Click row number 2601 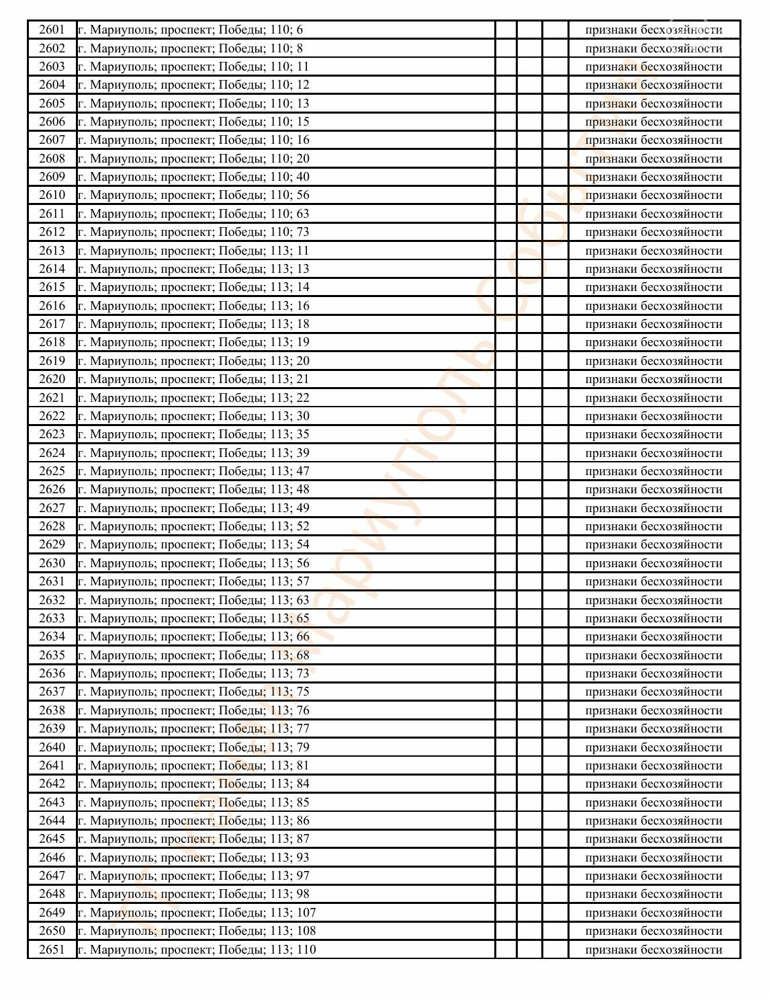pos(52,30)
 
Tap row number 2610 pos(52,195)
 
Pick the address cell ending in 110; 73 pos(193,232)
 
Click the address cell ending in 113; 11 pos(193,251)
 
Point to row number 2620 pos(52,379)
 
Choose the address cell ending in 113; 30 pos(193,416)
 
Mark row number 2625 pos(52,471)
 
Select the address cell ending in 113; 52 pos(193,526)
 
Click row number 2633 pos(52,618)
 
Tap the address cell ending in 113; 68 pos(193,655)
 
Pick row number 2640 pos(52,747)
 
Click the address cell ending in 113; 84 pos(193,784)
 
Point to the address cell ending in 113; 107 pos(197,913)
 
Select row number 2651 pos(52,950)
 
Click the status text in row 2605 pos(653,103)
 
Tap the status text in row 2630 pos(653,563)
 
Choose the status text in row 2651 pos(653,950)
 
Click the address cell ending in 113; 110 pos(197,950)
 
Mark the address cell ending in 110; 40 pos(193,177)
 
